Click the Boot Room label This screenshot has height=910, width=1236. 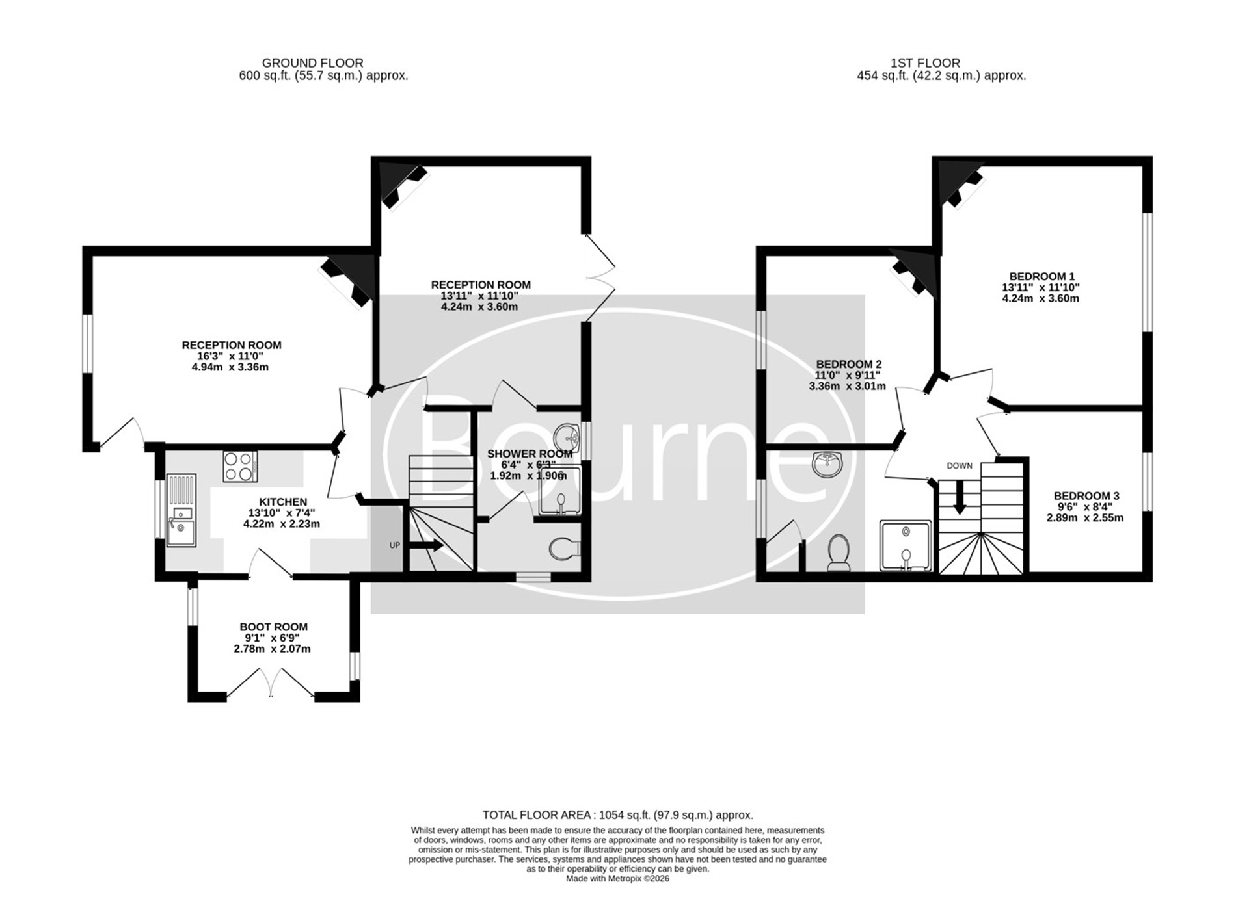pyautogui.click(x=273, y=627)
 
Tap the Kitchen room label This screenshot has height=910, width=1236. pyautogui.click(x=283, y=502)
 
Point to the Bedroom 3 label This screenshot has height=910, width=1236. pyautogui.click(x=1086, y=496)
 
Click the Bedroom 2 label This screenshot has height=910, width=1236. pyautogui.click(x=849, y=365)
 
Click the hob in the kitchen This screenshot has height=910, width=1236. pyautogui.click(x=240, y=466)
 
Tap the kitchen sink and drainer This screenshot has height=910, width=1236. pyautogui.click(x=181, y=510)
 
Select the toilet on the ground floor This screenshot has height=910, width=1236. pyautogui.click(x=563, y=549)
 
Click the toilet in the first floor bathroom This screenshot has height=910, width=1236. pyautogui.click(x=839, y=552)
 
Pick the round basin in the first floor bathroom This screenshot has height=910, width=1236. pyautogui.click(x=827, y=464)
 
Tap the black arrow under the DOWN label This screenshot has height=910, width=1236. pyautogui.click(x=959, y=498)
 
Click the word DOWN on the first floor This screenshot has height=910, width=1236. pyautogui.click(x=960, y=465)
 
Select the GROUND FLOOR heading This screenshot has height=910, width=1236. pyautogui.click(x=313, y=63)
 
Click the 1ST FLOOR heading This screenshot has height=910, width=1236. pyautogui.click(x=925, y=63)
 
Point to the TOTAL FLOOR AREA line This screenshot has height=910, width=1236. pyautogui.click(x=618, y=815)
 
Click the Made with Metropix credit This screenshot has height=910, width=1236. pyautogui.click(x=617, y=879)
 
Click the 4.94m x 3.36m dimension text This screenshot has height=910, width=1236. pyautogui.click(x=226, y=367)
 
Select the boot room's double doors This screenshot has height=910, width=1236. pyautogui.click(x=271, y=682)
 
